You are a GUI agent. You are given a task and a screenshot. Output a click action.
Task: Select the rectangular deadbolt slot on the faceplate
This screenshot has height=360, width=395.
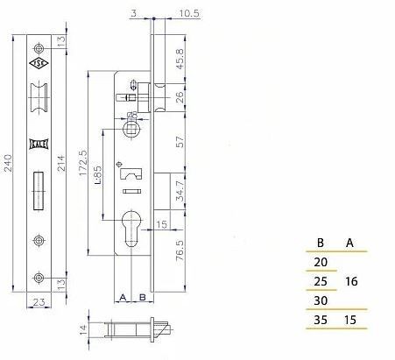39,192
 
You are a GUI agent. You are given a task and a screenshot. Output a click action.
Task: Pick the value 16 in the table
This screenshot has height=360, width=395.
351,283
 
